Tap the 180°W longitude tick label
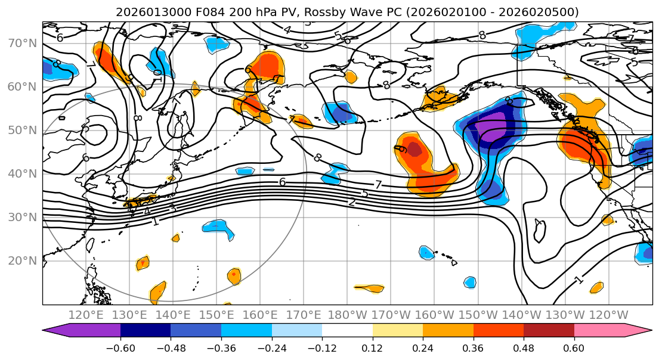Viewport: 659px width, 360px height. pyautogui.click(x=348, y=315)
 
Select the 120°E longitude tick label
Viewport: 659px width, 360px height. pyautogui.click(x=86, y=315)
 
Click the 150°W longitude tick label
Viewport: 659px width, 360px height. pyautogui.click(x=478, y=315)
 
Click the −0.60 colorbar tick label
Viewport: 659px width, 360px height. pyautogui.click(x=120, y=347)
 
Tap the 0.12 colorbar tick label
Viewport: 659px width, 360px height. pyautogui.click(x=373, y=347)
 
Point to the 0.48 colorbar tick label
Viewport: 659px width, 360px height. pyautogui.click(x=524, y=347)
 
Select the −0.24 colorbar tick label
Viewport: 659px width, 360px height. pyautogui.click(x=271, y=347)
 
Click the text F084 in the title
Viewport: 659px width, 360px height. pyautogui.click(x=188, y=12)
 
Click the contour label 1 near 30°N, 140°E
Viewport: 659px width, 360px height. pyautogui.click(x=155, y=222)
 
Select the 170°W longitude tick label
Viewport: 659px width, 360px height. pyautogui.click(x=391, y=315)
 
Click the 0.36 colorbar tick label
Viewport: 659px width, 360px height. pyautogui.click(x=474, y=347)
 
